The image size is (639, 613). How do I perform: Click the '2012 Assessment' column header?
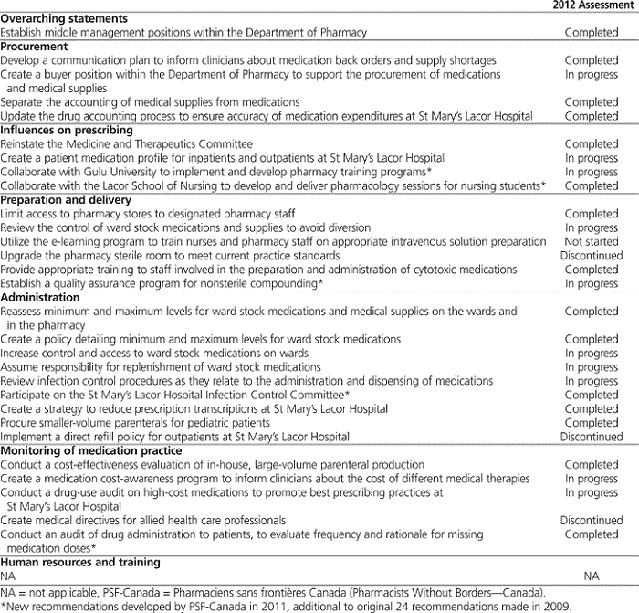tap(592, 5)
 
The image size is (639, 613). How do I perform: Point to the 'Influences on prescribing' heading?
tap(67, 130)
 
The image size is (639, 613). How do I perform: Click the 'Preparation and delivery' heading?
tap(63, 199)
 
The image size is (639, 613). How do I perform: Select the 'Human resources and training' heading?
tap(80, 562)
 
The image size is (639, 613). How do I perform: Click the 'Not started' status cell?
tap(592, 241)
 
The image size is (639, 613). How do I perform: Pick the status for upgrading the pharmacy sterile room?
tap(592, 256)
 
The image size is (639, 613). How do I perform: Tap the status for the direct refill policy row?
tap(592, 437)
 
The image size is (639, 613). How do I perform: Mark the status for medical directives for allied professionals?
tap(592, 520)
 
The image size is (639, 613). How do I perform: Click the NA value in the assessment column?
tap(592, 576)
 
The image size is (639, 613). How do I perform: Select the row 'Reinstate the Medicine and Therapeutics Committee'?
tap(127, 143)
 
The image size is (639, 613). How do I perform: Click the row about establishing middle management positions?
tap(183, 33)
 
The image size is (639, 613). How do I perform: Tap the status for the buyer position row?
tap(592, 75)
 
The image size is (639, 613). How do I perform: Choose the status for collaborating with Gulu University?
tap(592, 172)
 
